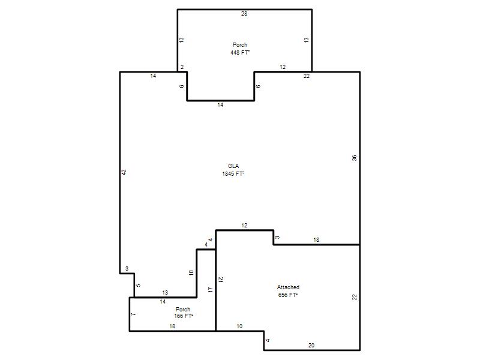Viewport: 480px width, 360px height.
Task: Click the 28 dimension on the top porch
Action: (244, 13)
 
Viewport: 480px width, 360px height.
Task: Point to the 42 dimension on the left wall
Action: (124, 172)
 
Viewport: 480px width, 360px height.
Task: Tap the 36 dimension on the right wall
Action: (354, 158)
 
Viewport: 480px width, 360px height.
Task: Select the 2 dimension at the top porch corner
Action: (182, 67)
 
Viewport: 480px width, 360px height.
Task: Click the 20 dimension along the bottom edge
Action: (311, 346)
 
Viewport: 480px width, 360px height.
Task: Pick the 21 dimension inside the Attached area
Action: (221, 280)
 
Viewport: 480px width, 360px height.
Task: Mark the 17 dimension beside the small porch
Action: (211, 290)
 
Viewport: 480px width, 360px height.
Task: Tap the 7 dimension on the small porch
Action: (133, 314)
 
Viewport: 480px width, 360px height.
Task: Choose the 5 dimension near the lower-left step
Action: (138, 286)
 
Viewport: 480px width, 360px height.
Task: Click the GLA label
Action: (233, 166)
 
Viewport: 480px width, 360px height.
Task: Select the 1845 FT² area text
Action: (233, 173)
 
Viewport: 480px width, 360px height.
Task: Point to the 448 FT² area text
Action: (240, 52)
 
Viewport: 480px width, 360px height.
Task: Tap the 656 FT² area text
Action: (288, 295)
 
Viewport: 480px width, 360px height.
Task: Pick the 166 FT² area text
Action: (184, 316)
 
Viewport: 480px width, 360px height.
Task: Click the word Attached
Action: (288, 287)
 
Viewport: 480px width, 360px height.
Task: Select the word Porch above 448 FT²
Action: (240, 44)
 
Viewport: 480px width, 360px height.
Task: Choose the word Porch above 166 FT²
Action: (183, 309)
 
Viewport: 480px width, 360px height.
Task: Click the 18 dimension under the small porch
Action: (172, 326)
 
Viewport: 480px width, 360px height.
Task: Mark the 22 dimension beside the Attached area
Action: (355, 297)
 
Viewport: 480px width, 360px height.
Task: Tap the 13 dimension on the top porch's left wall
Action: (182, 40)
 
